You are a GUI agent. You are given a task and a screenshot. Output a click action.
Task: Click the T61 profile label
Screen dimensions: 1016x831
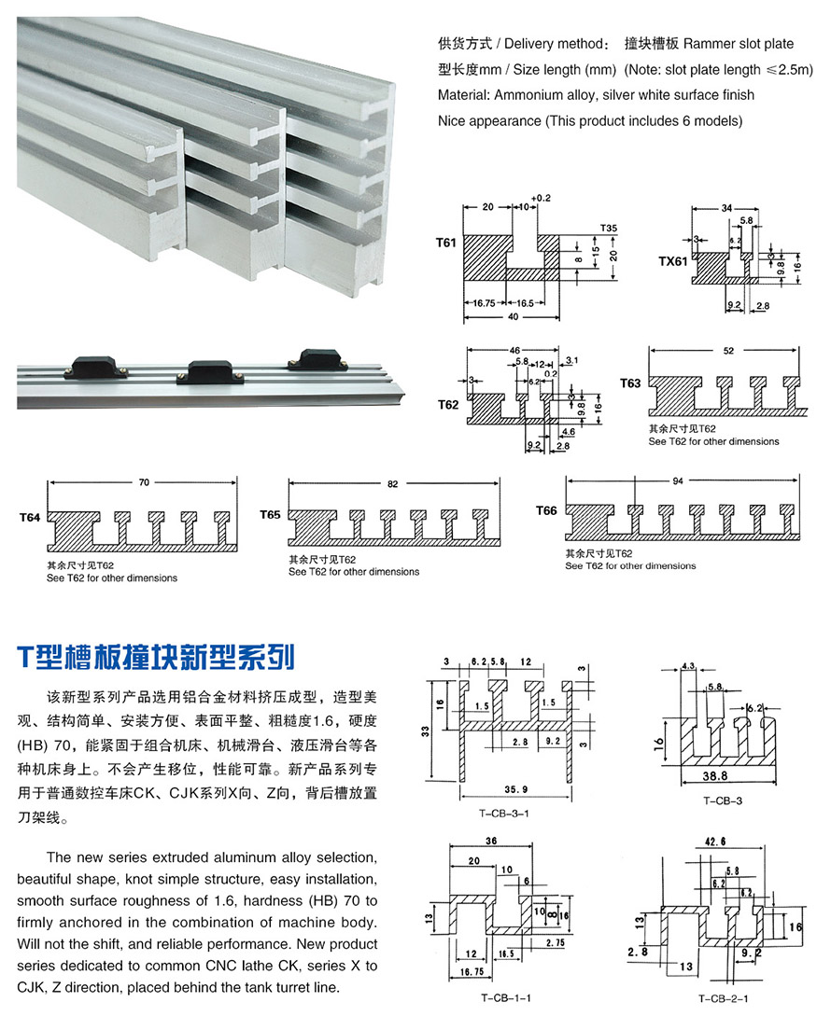tap(445, 243)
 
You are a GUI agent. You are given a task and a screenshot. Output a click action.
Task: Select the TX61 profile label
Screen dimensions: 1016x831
tap(672, 262)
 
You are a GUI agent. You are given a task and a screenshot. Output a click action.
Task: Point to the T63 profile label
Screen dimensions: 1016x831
tap(630, 383)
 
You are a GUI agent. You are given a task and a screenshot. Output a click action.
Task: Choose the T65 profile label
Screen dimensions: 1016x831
tap(270, 514)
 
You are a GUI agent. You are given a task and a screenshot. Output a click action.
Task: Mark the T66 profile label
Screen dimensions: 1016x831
tap(546, 510)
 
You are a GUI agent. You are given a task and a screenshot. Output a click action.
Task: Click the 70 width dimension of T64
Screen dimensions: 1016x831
tap(144, 483)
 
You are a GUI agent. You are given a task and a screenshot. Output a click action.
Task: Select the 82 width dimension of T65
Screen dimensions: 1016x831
tap(391, 484)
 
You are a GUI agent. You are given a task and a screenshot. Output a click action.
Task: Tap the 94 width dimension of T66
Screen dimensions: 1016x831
tap(679, 480)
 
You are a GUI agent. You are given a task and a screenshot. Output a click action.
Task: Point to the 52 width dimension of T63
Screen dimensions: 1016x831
tap(727, 351)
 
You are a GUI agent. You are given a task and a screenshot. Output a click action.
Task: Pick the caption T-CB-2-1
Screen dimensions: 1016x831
tap(714, 997)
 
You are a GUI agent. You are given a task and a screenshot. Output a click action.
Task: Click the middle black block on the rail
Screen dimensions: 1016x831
tap(210, 371)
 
